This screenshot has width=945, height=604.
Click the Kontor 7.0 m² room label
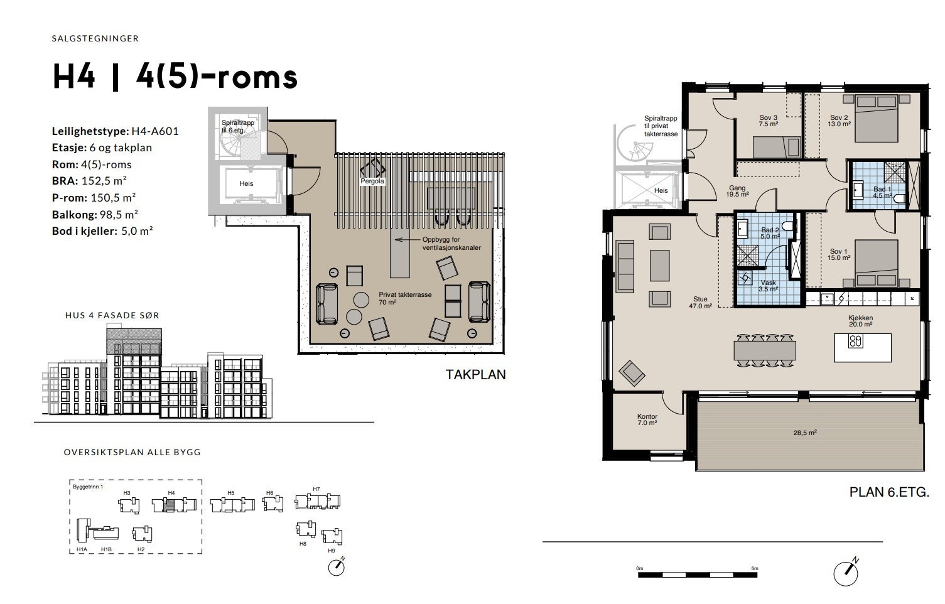click(647, 419)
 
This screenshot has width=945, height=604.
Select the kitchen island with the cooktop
click(862, 348)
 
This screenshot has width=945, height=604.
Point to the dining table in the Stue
click(764, 350)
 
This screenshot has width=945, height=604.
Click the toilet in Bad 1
click(900, 198)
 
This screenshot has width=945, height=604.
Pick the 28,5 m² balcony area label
click(805, 433)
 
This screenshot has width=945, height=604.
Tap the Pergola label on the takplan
click(372, 181)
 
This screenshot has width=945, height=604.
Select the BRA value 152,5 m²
click(104, 181)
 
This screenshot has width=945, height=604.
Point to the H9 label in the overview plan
click(331, 551)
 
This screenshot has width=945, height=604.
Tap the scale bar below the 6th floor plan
click(698, 574)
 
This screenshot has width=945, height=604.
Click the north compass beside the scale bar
click(846, 573)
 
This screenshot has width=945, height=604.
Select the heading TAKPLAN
click(475, 375)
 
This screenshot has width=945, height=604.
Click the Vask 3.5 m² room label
click(768, 286)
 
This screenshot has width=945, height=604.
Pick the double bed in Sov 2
click(876, 119)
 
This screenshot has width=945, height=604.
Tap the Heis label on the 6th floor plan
click(661, 190)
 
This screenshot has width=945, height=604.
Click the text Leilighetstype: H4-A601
click(115, 131)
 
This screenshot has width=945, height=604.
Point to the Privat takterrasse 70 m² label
click(405, 298)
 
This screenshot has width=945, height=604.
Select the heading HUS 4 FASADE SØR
click(112, 315)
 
